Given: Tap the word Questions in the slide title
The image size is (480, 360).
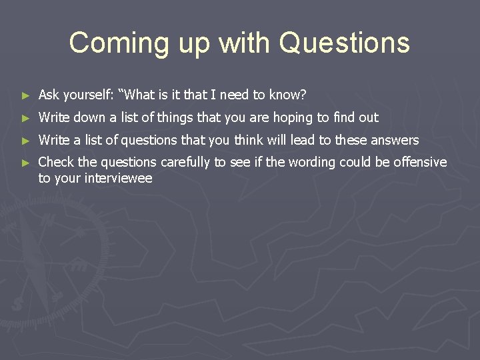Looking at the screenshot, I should (x=345, y=43).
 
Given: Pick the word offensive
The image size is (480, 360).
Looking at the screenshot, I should (x=420, y=162).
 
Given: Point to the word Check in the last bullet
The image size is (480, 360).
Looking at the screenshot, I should (x=57, y=162).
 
